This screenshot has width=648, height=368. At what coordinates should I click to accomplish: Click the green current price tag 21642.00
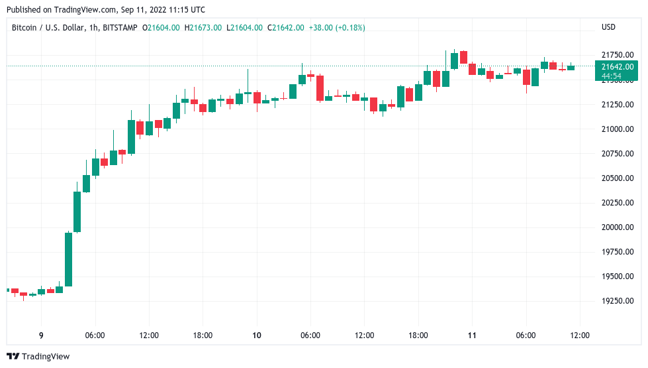point(618,66)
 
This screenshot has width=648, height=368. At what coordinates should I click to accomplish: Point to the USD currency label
point(608,28)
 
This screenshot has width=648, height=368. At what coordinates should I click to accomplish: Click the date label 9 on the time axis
point(41,336)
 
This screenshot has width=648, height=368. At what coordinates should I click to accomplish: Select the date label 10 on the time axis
point(256,336)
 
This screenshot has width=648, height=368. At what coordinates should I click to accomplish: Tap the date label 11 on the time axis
point(472,336)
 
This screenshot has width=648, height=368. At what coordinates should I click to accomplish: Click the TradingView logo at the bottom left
point(38,357)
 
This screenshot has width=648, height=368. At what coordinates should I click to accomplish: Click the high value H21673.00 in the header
point(204,28)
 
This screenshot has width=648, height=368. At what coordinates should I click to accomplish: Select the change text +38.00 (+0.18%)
point(336,28)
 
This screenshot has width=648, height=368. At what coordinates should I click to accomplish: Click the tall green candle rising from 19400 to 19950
point(68,259)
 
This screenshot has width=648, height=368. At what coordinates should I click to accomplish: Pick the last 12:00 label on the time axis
point(580,336)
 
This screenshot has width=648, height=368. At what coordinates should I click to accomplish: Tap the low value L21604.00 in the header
point(244,28)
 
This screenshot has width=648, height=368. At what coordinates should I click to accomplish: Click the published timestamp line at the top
point(105,10)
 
